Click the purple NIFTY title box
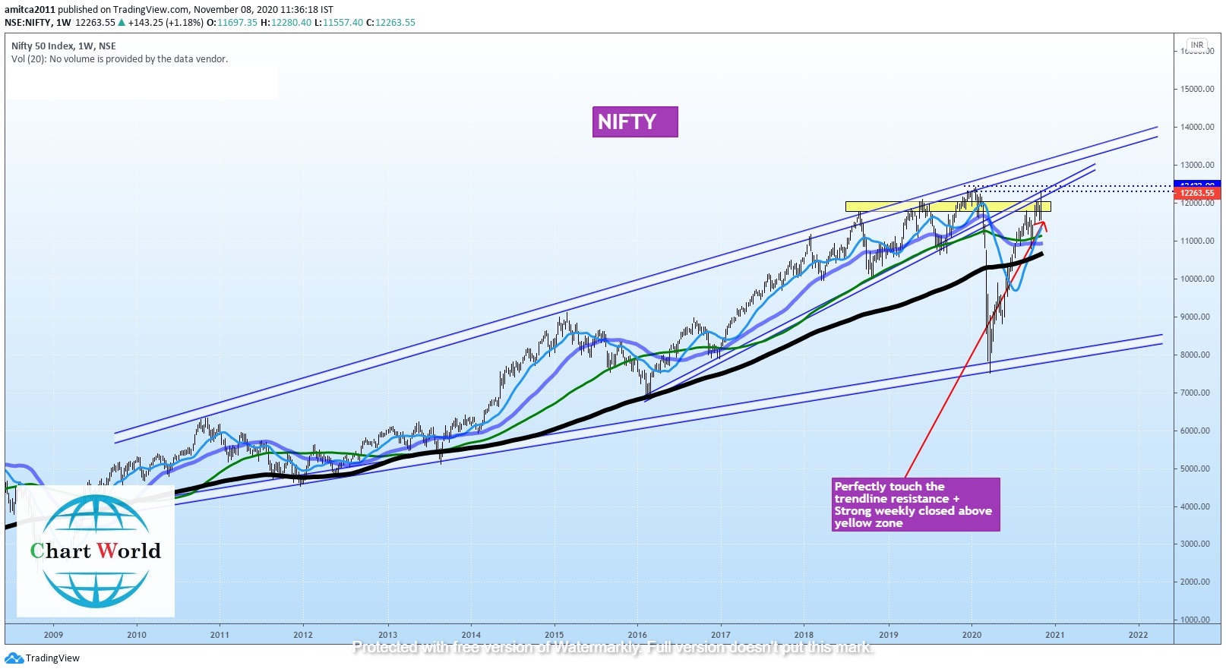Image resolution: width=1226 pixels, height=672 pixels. [634, 121]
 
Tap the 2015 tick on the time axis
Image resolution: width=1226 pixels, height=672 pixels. [554, 635]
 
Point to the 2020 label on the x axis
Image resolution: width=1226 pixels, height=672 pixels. [972, 635]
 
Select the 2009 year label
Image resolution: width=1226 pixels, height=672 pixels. [53, 635]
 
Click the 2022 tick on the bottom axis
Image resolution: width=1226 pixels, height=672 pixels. [1138, 635]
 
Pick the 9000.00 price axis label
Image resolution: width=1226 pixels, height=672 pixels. [1196, 317]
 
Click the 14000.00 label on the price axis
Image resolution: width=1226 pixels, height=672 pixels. [1196, 127]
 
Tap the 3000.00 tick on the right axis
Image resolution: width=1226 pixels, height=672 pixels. [1196, 544]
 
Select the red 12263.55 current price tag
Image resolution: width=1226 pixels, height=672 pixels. [1197, 194]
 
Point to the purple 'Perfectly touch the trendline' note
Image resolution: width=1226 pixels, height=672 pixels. [915, 504]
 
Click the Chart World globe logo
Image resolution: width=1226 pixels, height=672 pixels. [96, 551]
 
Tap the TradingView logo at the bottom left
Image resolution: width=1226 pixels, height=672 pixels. [43, 658]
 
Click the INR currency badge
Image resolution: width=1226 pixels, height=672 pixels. [1197, 45]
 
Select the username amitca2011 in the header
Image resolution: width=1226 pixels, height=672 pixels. [30, 10]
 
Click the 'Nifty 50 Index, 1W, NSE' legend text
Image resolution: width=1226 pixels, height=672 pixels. [64, 46]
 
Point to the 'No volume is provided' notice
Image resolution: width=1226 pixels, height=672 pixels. [119, 59]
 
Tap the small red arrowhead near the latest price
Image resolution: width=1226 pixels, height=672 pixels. [1044, 226]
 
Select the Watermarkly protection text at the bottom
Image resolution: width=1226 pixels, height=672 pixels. [612, 648]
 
